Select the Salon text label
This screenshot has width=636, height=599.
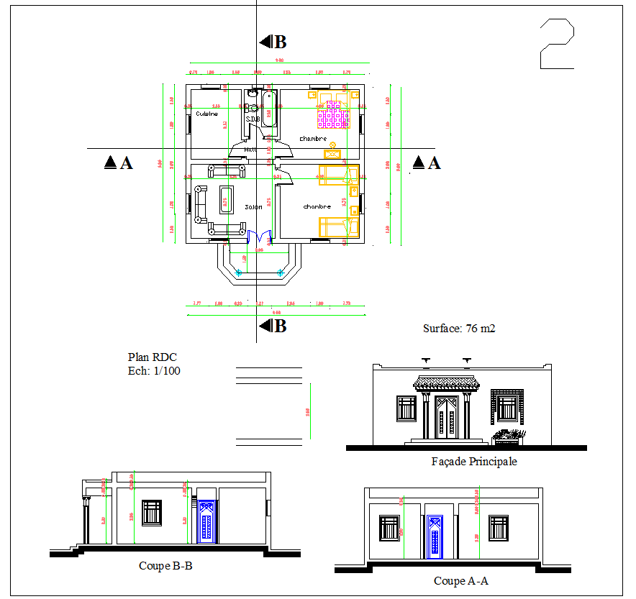253,206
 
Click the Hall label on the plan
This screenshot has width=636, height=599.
250,150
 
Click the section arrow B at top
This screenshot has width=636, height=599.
273,42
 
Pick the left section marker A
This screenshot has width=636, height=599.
119,163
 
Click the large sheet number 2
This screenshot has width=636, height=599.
556,45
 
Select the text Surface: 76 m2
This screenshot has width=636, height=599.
458,329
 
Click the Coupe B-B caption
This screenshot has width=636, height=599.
165,566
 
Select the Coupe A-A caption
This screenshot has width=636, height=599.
460,581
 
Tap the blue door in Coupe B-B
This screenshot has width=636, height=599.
206,522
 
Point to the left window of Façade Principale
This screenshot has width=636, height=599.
406,408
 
